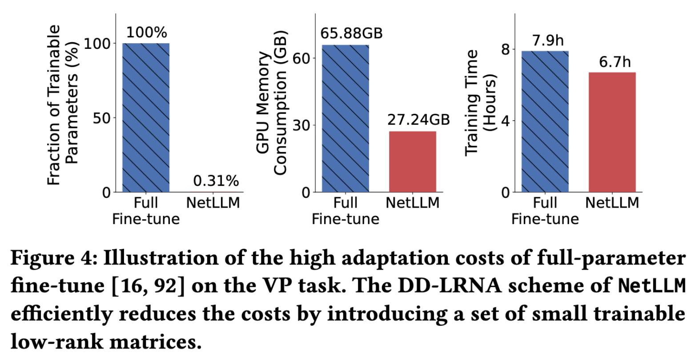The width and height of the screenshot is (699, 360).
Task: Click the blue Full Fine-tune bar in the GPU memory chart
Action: [345, 119]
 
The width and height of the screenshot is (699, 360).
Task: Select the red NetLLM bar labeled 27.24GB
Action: [413, 161]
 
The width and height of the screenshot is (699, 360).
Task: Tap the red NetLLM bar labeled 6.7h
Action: [612, 132]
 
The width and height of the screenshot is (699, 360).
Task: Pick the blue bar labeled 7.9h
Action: [545, 121]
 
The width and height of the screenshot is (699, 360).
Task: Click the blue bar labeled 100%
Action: [146, 118]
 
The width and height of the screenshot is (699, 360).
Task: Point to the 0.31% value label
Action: [216, 181]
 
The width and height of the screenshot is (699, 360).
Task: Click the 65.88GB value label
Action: [351, 34]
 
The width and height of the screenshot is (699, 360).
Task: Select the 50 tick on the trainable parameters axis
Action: [101, 118]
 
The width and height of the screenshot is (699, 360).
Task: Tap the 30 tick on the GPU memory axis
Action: [301, 125]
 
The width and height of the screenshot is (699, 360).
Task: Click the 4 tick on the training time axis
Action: [506, 121]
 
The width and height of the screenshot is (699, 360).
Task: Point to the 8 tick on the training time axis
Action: [506, 49]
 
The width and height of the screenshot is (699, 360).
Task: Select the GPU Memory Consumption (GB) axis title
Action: [272, 103]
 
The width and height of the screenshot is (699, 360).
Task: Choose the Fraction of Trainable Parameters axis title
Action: [62, 104]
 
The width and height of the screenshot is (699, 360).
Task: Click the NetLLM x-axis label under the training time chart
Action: [612, 203]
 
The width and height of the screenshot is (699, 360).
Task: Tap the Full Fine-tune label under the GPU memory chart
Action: [345, 211]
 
